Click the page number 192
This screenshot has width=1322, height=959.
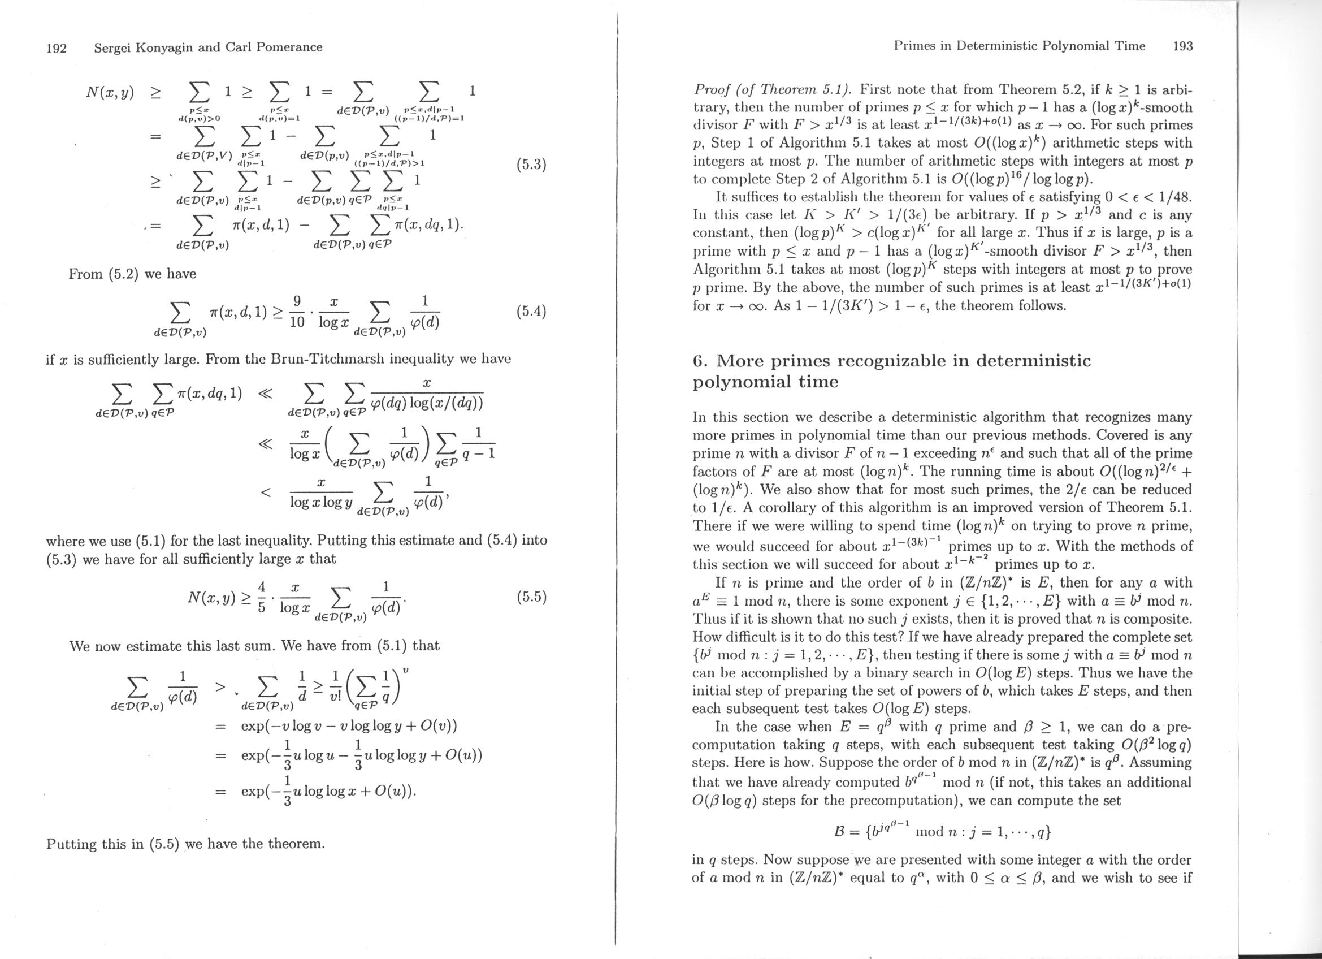click(57, 47)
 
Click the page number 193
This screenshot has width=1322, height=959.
click(1183, 46)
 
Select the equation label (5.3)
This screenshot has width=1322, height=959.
click(531, 165)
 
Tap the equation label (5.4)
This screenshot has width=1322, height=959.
click(531, 312)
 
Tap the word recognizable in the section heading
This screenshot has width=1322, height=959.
click(901, 361)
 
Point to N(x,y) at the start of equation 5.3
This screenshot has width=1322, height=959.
click(110, 92)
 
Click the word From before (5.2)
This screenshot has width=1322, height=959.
click(86, 274)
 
